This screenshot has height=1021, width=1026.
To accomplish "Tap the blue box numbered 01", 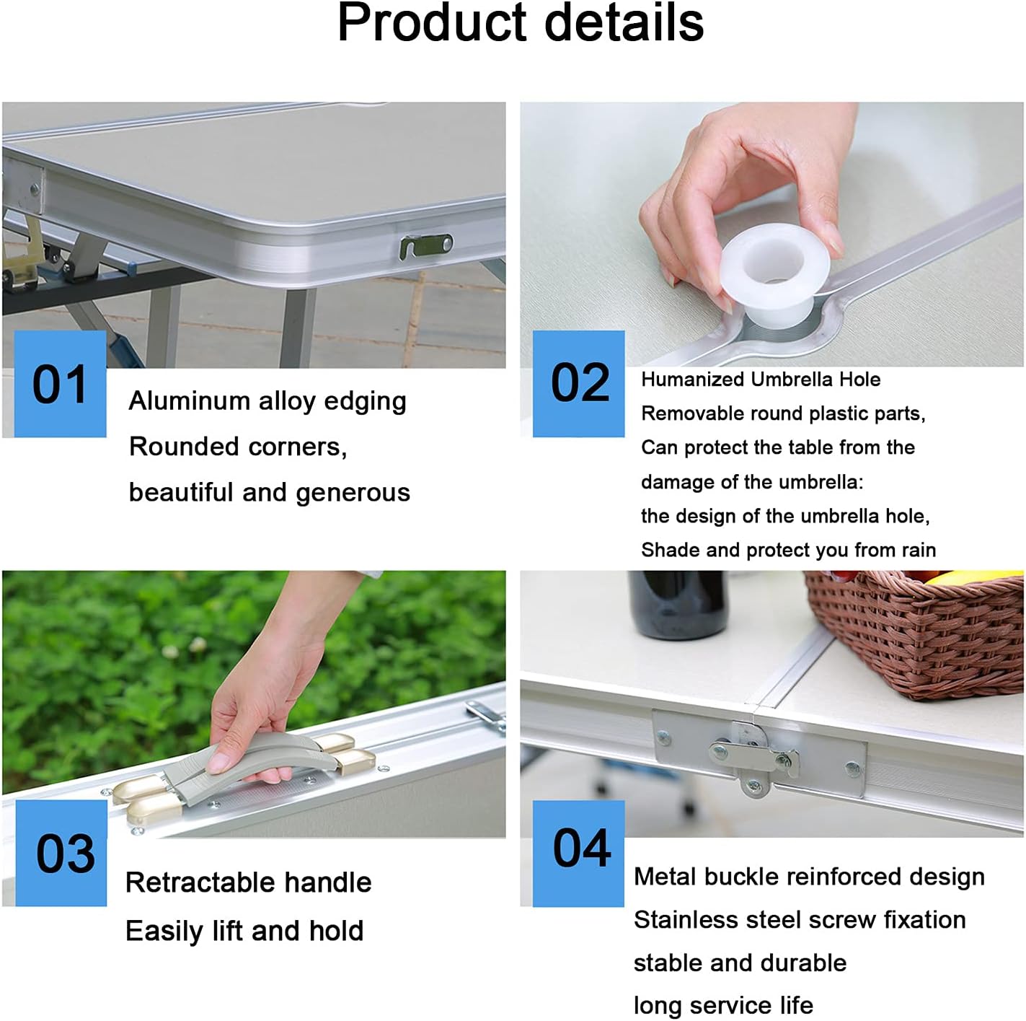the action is (x=60, y=384).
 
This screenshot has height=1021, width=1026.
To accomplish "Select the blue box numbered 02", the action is (x=579, y=384).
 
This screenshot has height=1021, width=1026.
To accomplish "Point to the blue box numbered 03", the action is (x=61, y=853).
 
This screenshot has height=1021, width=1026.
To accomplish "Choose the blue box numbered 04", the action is (x=579, y=853).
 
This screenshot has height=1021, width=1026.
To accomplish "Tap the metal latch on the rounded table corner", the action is (x=426, y=247).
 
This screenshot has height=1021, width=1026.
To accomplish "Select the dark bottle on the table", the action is (x=677, y=605).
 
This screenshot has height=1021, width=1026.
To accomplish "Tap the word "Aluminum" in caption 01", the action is (x=189, y=400).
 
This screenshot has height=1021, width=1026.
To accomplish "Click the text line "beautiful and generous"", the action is (x=270, y=493).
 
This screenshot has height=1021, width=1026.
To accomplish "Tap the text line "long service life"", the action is (x=723, y=1006).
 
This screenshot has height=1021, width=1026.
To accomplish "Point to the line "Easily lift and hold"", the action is (x=244, y=931).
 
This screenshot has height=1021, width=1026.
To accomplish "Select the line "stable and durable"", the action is (x=740, y=963).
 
